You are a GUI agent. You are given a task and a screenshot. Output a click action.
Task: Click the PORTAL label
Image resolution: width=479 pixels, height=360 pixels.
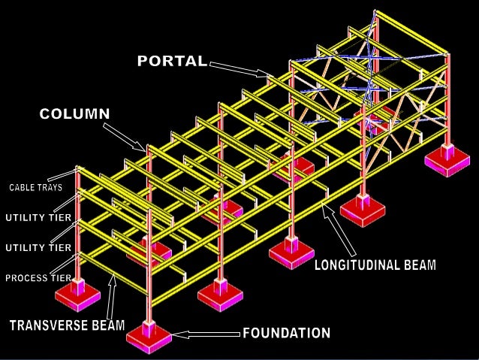click(171, 61)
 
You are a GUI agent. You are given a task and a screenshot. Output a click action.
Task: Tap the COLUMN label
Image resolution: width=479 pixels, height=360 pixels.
click(74, 113)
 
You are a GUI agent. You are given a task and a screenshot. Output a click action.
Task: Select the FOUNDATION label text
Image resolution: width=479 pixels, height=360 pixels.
click(286, 332)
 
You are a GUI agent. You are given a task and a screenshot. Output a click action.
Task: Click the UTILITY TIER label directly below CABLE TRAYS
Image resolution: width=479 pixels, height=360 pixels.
click(38, 218)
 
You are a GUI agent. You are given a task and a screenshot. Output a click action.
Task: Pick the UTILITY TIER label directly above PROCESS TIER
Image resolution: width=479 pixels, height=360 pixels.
click(38, 247)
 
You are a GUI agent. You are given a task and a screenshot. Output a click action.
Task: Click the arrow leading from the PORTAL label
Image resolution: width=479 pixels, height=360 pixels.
click(239, 70)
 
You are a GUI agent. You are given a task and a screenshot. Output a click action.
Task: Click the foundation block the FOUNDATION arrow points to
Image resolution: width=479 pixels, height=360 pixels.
click(149, 335)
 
